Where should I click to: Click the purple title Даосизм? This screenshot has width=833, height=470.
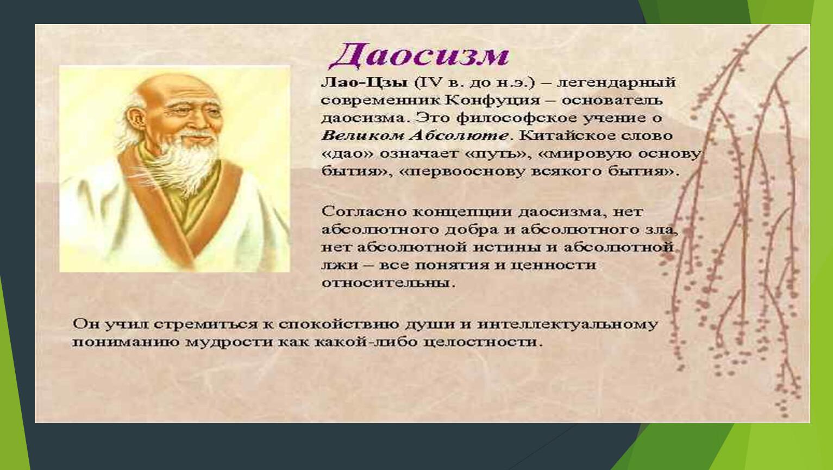[x=419, y=56]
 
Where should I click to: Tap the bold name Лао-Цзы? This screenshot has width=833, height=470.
[x=364, y=83]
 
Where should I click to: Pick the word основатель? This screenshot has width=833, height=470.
[x=612, y=101]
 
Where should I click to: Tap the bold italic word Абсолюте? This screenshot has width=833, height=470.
[x=459, y=135]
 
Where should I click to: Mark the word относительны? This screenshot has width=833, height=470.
[x=389, y=283]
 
